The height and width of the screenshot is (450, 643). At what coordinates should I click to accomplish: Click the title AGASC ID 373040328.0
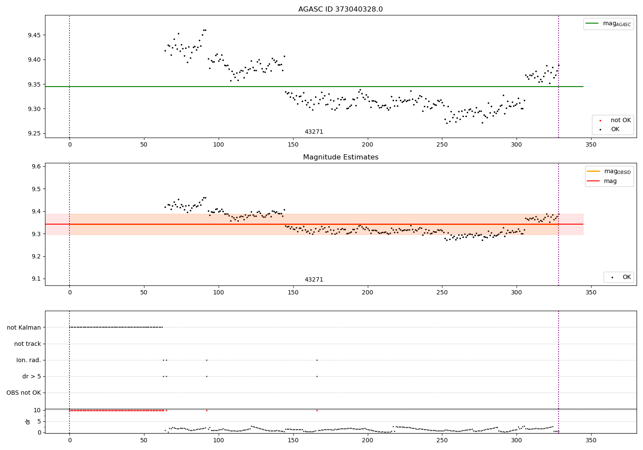340,9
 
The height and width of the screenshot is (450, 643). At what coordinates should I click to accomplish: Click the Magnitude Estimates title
340,157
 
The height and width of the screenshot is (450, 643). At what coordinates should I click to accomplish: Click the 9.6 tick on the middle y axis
36,167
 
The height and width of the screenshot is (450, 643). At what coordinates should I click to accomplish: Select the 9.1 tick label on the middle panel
36,279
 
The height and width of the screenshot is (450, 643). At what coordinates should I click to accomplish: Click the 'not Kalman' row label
24,327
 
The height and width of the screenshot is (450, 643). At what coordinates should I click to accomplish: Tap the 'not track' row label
27,344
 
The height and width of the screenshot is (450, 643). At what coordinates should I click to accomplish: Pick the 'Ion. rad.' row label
29,360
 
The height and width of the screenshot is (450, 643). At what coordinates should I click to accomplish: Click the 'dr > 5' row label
32,377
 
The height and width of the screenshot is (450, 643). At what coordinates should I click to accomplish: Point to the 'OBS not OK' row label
24,393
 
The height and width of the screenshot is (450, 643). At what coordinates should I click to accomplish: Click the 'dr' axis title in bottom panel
28,421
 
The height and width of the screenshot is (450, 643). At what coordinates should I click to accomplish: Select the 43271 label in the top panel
314,132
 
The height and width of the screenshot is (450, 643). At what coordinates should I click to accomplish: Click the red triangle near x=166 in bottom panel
317,411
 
